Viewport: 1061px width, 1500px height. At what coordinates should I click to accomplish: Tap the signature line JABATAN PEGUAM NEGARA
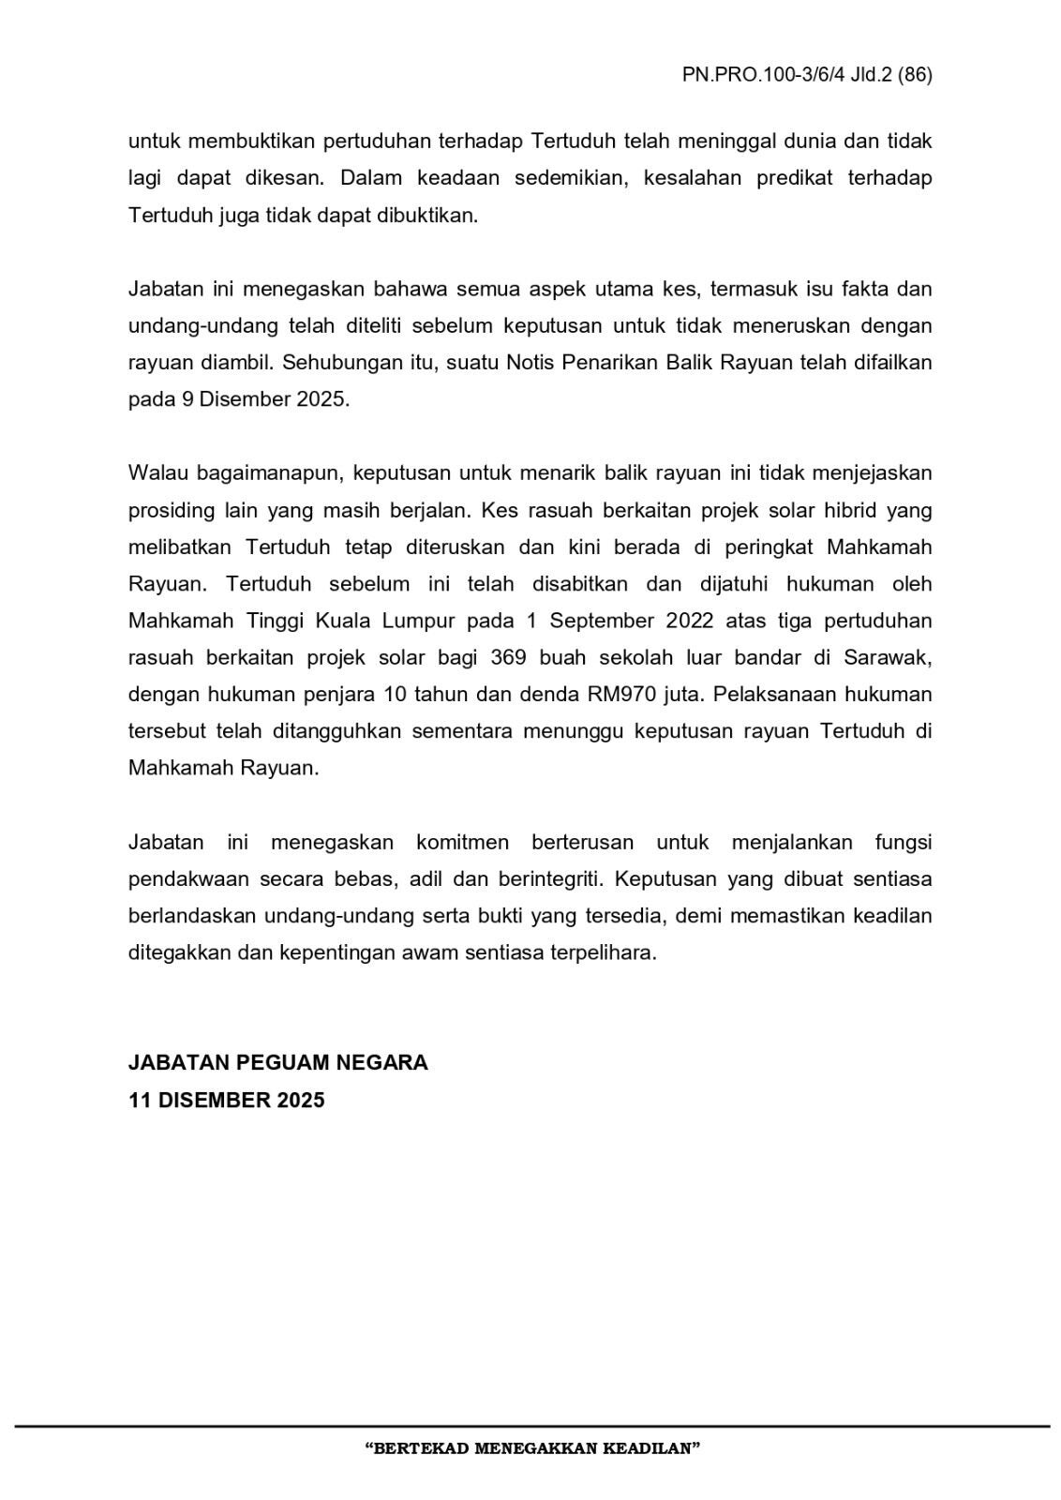(277, 1062)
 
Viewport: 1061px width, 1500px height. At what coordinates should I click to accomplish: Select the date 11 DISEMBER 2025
(226, 1100)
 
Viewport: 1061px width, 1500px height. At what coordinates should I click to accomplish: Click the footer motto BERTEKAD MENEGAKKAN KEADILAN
(531, 1448)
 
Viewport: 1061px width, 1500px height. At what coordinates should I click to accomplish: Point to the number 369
(508, 657)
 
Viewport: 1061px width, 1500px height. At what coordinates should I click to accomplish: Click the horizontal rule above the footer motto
(531, 1426)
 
